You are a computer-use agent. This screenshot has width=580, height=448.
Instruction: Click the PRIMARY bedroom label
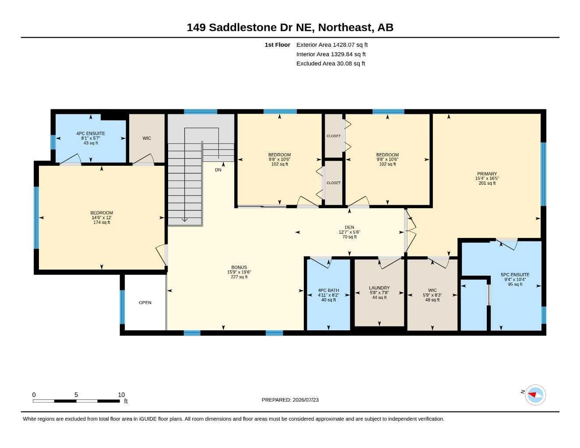487,174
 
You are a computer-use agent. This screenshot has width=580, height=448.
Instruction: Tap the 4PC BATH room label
328,290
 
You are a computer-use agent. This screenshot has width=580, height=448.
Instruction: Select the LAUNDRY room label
379,288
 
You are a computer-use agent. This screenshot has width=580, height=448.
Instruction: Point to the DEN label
349,227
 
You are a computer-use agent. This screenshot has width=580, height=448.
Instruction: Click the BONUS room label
239,267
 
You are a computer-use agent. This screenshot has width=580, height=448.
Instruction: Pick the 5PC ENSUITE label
515,275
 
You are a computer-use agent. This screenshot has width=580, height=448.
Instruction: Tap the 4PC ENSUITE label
91,133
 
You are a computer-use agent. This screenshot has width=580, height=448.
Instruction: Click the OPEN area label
145,302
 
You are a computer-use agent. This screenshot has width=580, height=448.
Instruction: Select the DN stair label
218,170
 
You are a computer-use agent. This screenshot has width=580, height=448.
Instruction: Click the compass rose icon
535,395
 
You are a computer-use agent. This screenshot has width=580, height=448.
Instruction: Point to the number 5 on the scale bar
76,395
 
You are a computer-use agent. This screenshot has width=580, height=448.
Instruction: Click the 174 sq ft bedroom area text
102,222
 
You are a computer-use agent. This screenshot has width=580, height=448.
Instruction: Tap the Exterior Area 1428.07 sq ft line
332,45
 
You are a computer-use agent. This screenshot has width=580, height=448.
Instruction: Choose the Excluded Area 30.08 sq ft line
330,63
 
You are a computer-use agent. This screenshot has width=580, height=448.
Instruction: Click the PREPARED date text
290,400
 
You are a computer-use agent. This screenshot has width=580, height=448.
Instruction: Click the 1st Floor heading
278,45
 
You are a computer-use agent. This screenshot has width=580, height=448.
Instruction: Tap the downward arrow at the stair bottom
184,220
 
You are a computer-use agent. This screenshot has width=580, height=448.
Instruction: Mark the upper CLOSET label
334,136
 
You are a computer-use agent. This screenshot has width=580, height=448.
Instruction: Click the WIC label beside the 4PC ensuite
147,138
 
